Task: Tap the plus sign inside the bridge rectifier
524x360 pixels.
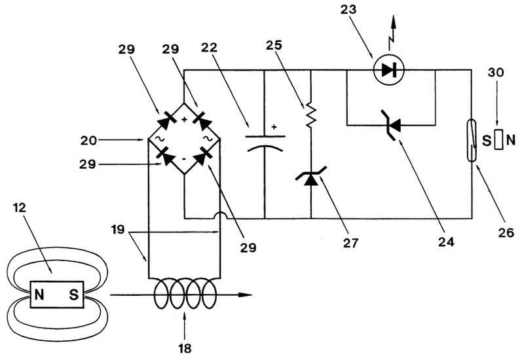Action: coord(185,120)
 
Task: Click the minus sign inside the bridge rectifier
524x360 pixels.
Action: coord(185,160)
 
